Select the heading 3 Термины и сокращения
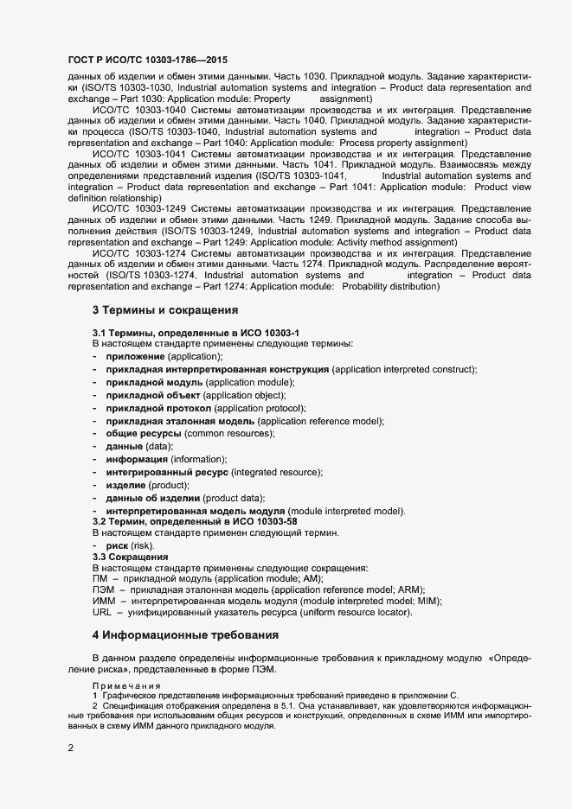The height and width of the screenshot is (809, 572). point(164,310)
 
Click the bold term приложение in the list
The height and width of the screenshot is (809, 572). point(135,356)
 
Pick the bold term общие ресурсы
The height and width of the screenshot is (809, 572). point(143,433)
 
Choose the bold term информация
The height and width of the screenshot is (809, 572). point(137,459)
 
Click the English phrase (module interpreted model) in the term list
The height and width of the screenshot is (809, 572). point(346,511)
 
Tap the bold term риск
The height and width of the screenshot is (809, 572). point(117,547)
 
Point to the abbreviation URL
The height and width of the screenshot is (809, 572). point(102,613)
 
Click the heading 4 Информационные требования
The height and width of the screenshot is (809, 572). point(185,635)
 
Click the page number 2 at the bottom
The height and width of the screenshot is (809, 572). point(71,748)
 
